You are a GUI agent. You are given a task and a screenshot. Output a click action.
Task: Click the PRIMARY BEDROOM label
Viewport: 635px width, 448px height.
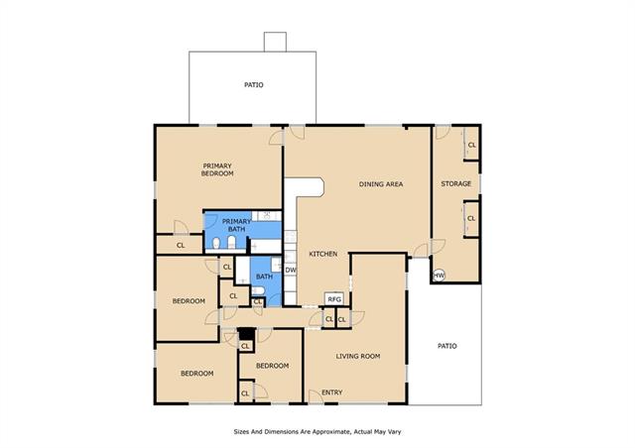217,169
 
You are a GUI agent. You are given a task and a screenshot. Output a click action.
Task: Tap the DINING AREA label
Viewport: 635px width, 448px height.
381,184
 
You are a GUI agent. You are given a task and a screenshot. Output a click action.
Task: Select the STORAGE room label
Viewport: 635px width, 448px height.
456,183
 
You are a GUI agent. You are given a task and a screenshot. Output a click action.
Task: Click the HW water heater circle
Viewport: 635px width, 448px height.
439,276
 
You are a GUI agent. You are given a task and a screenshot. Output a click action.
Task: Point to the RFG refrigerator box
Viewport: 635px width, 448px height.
334,299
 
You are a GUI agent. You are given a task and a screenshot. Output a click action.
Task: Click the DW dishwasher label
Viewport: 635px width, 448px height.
291,270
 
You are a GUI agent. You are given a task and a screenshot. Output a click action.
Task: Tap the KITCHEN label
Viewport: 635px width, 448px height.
323,254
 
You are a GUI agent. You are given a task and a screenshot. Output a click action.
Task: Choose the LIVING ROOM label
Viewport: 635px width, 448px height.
358,356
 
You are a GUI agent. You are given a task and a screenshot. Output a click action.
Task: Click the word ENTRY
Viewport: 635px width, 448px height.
332,392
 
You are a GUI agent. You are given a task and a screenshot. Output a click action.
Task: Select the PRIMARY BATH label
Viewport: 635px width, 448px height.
236,225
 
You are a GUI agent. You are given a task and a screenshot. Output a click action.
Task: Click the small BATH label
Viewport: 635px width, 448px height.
265,277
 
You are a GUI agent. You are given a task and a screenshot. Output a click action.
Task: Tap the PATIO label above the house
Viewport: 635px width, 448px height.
254,84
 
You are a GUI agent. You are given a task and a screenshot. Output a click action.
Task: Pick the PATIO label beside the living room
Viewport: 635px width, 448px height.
447,346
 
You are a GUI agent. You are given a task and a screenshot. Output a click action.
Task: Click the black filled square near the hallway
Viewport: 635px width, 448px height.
246,334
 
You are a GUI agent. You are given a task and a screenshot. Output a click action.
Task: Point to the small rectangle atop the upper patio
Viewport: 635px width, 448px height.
275,42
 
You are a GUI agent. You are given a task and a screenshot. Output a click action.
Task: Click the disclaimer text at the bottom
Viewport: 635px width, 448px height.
317,432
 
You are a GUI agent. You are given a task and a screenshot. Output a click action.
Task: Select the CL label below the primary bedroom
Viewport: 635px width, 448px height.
181,245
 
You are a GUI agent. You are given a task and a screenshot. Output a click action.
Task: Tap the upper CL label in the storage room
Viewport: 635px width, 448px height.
472,145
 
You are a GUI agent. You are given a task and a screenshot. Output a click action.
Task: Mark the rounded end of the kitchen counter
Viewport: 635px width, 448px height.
322,187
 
